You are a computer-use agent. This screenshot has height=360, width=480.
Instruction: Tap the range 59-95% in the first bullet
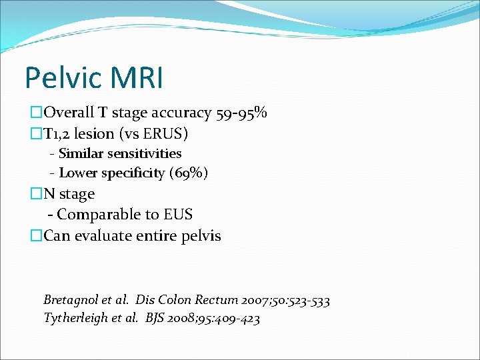click(x=241, y=113)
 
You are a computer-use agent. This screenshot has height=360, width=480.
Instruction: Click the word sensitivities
click(x=145, y=154)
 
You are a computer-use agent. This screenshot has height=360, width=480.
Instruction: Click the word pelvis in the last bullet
click(x=201, y=235)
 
